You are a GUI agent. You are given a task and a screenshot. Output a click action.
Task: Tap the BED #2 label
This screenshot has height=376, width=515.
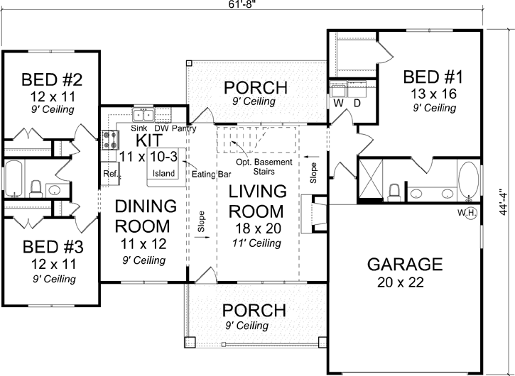pos(49,78)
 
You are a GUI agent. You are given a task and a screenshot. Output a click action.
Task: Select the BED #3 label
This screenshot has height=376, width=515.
pos(49,248)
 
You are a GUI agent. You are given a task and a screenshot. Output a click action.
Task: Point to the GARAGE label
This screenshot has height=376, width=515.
pos(404,265)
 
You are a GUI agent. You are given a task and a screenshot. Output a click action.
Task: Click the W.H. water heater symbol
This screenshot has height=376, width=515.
pos(470,215)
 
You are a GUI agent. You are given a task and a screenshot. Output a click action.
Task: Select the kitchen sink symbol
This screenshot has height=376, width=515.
pos(143,116)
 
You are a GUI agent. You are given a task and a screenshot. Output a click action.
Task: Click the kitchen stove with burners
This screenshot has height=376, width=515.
pos(110,139)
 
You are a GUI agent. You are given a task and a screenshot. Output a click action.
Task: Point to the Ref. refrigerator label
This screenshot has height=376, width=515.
pos(110,173)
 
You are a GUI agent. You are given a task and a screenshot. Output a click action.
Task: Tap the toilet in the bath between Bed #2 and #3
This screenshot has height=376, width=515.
pos(35,188)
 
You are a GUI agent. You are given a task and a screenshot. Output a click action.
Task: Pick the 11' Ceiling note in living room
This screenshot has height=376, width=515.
pos(256,243)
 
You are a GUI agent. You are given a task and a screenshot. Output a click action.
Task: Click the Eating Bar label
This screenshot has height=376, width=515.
pos(205,172)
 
